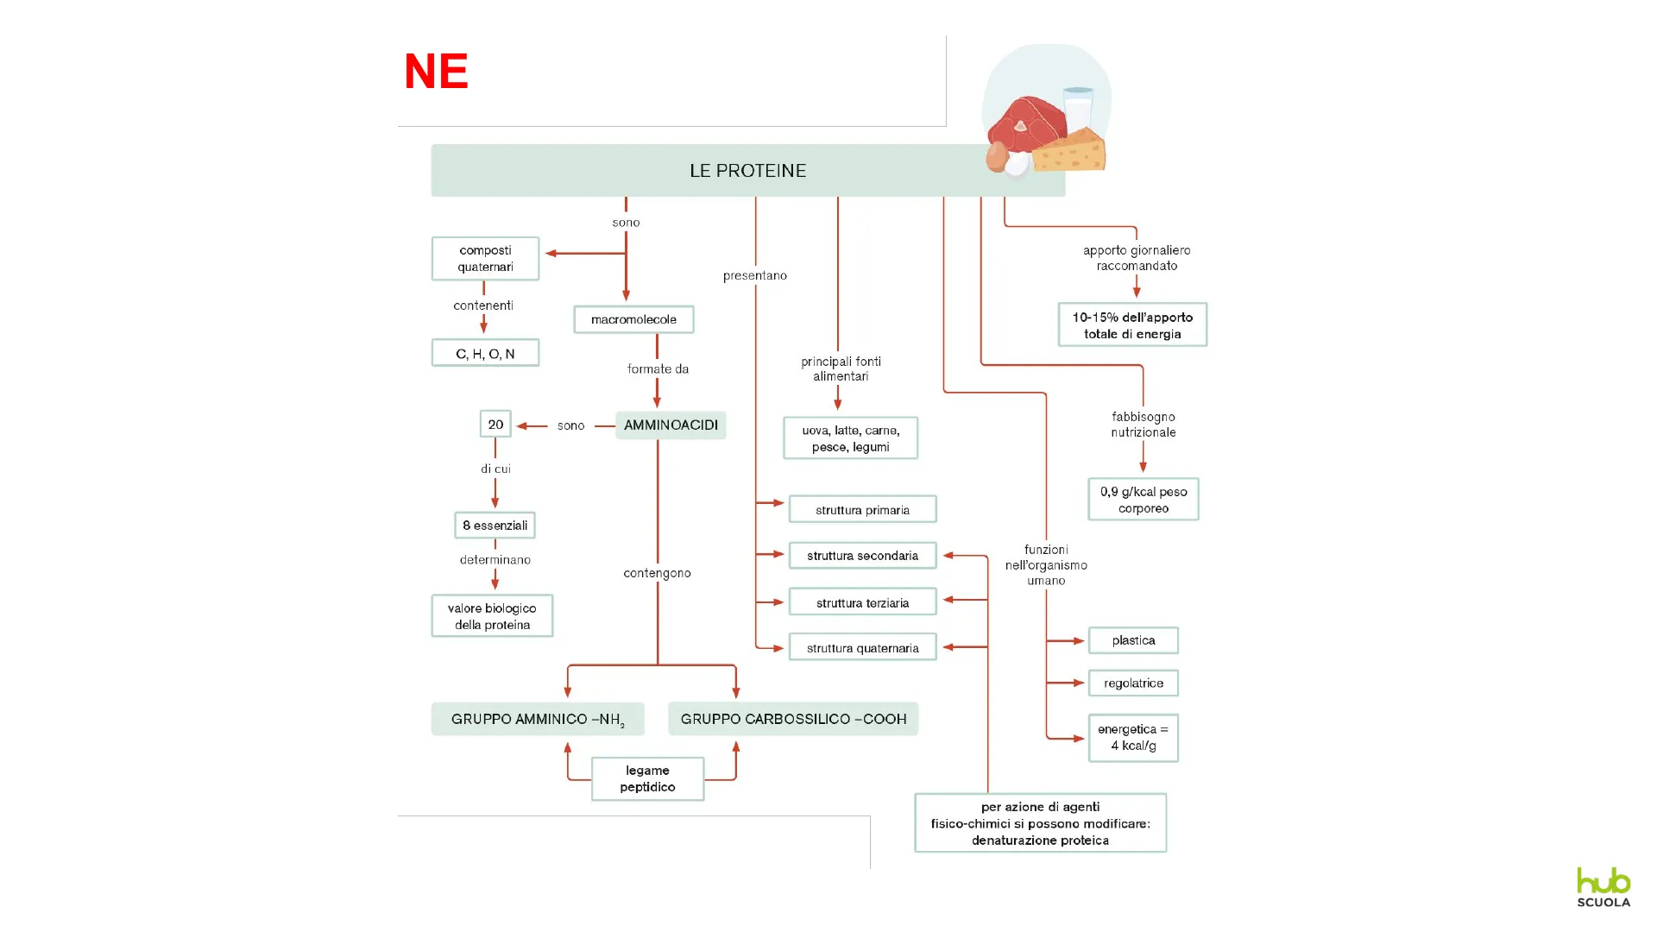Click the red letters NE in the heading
click(436, 71)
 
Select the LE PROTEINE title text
click(747, 171)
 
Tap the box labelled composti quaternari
click(485, 258)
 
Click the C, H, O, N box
click(485, 353)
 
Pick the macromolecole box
click(633, 319)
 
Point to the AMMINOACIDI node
click(671, 425)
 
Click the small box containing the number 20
click(495, 424)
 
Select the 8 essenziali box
click(495, 525)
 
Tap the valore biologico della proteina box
click(492, 616)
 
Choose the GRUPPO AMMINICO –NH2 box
click(537, 719)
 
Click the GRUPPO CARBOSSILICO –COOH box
click(793, 719)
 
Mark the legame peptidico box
click(647, 778)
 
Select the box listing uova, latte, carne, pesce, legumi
click(850, 438)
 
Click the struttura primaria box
click(862, 509)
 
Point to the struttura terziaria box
click(862, 602)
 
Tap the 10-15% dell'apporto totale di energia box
click(1132, 325)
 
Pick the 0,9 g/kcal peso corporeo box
click(1144, 500)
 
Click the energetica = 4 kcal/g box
click(1133, 738)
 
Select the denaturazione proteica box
click(1040, 823)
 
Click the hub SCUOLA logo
click(1603, 887)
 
